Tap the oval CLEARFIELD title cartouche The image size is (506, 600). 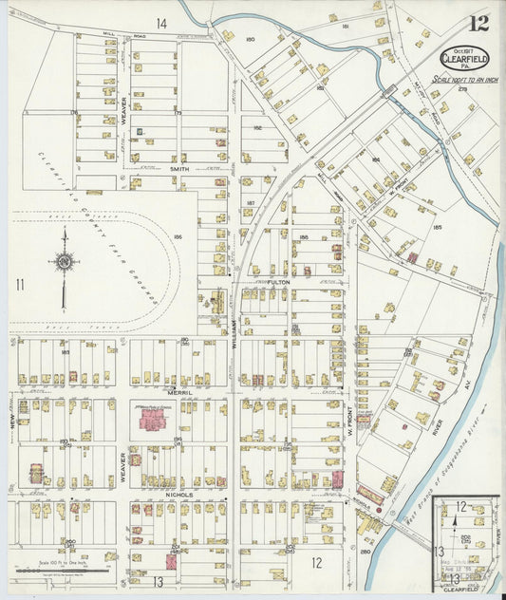(x=464, y=57)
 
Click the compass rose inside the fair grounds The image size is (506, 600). (x=65, y=261)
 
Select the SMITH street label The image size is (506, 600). (x=179, y=168)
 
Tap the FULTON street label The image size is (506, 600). (x=277, y=282)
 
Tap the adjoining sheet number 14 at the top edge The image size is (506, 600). (x=162, y=23)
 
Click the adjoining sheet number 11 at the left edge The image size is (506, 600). (x=19, y=283)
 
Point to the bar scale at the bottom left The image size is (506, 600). (x=59, y=570)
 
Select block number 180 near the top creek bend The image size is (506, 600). (x=251, y=39)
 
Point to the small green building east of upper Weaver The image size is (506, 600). (x=140, y=131)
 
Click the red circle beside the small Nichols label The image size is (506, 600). (x=378, y=510)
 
